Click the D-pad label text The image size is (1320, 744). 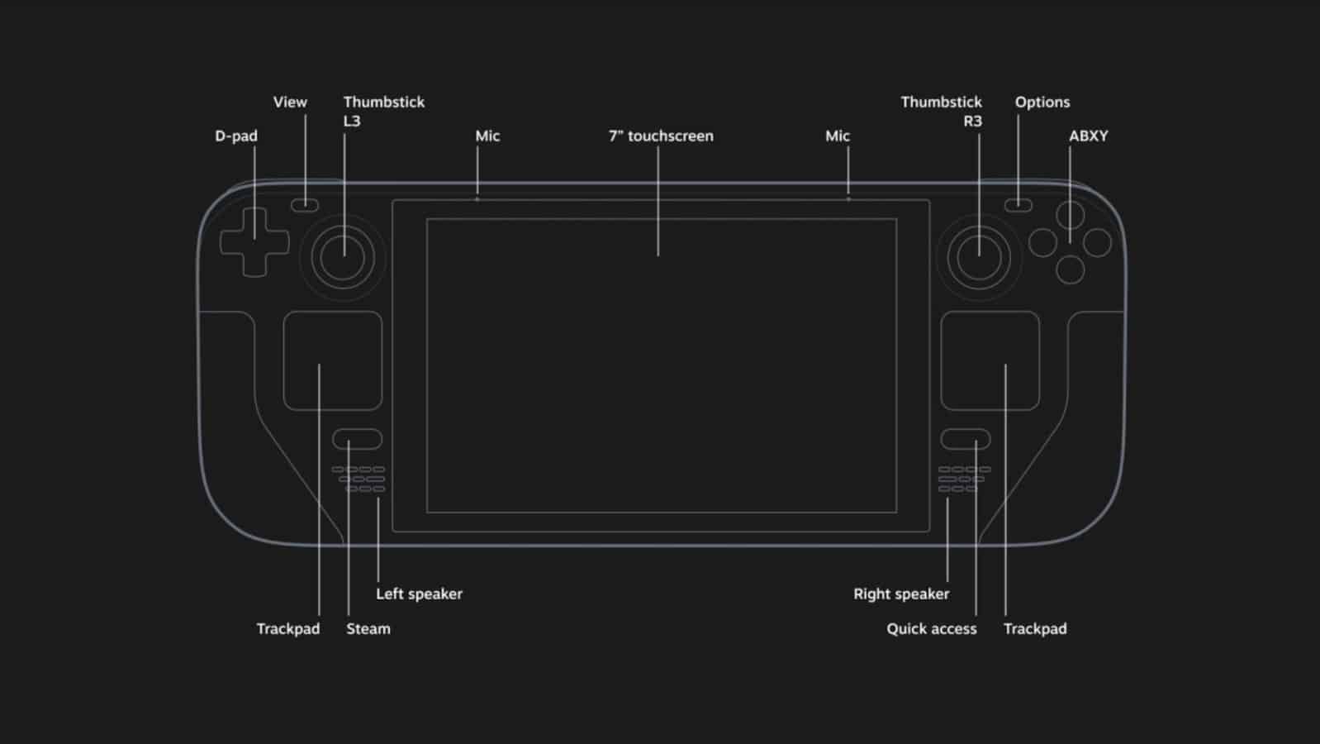[x=236, y=136]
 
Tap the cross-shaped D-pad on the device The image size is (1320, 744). [x=254, y=242]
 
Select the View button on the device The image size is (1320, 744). [x=304, y=204]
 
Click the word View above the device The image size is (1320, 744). [x=290, y=102]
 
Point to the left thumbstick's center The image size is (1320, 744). [x=343, y=257]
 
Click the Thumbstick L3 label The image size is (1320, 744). [x=383, y=111]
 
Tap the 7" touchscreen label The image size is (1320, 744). [x=661, y=136]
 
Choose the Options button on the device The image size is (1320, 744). [x=1018, y=205]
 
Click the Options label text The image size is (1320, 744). [x=1042, y=102]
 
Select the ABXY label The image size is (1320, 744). [x=1088, y=136]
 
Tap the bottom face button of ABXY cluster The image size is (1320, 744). [x=1070, y=269]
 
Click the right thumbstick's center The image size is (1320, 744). [x=979, y=257]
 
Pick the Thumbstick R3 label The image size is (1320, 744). [x=941, y=111]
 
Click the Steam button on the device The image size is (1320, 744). [x=357, y=439]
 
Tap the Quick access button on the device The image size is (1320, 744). [x=965, y=439]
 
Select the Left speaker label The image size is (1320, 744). [x=419, y=594]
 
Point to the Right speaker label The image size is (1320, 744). [x=901, y=594]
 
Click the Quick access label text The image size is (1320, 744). [x=931, y=628]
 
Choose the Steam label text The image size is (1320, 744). [x=368, y=628]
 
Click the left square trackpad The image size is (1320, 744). [x=332, y=360]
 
